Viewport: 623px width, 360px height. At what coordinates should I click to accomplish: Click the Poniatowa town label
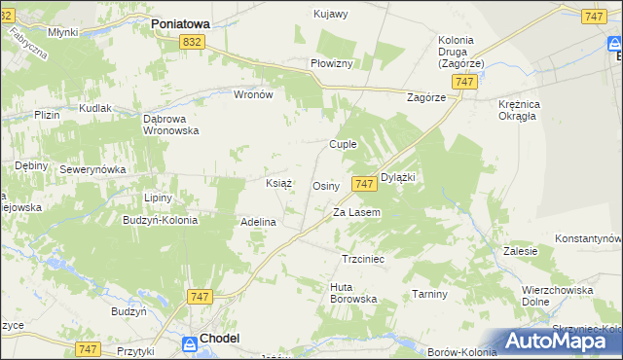tap(189, 20)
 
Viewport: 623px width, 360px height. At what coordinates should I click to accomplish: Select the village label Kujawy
tap(330, 14)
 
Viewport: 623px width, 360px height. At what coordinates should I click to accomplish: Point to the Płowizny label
tap(336, 62)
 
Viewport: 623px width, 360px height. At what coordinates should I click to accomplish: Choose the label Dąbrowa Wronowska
tap(170, 124)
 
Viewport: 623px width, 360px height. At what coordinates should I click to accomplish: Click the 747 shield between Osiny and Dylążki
tap(364, 184)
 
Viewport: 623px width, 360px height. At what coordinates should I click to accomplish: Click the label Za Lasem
tap(356, 212)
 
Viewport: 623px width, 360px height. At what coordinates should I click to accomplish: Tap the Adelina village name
tap(259, 222)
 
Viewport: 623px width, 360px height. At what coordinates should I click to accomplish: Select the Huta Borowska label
tap(353, 292)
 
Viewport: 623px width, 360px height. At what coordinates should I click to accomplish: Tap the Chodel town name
tap(220, 339)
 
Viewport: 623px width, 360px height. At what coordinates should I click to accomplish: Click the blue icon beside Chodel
tap(189, 342)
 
